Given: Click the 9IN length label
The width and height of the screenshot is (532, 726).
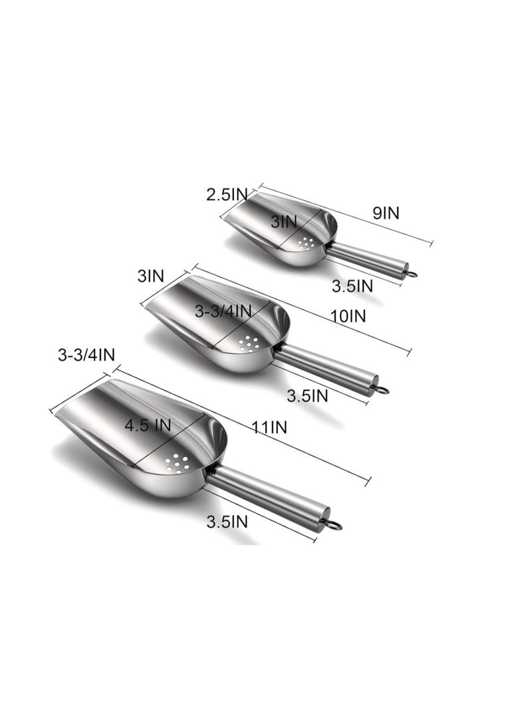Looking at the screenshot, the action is click(x=385, y=213).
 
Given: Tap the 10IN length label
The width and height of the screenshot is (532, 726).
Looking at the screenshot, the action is click(x=348, y=316).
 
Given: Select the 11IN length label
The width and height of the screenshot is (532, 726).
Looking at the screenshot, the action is click(x=270, y=427).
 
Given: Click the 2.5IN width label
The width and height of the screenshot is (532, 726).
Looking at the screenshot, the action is click(x=227, y=194).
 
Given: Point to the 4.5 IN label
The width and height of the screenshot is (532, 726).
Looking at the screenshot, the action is click(x=148, y=425).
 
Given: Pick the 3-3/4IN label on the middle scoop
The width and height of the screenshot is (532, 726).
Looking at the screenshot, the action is click(x=223, y=311).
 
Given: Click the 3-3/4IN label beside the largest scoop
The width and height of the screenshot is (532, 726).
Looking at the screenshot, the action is click(x=86, y=355).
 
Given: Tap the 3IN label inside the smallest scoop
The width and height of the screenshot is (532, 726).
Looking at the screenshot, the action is click(x=283, y=222).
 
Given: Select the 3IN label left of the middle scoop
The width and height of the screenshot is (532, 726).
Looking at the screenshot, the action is click(x=151, y=276).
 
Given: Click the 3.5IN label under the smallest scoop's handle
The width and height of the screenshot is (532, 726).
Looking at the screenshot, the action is click(x=352, y=286).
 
